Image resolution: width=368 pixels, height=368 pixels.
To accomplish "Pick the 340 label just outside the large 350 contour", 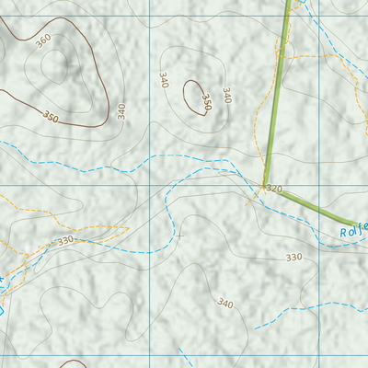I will pyautogui.click(x=121, y=111).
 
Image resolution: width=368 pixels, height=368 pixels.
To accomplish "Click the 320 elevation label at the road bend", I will pyautogui.click(x=273, y=189).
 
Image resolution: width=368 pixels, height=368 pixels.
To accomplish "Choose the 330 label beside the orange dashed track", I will pyautogui.click(x=65, y=240).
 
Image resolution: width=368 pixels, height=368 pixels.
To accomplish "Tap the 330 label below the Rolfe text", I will pyautogui.click(x=293, y=257).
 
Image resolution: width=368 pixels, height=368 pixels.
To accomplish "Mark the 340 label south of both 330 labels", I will pyautogui.click(x=225, y=303).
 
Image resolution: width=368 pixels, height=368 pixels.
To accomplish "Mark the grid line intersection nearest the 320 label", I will pyautogui.click(x=318, y=185).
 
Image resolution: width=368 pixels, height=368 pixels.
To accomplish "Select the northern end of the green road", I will pyautogui.click(x=288, y=2).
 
